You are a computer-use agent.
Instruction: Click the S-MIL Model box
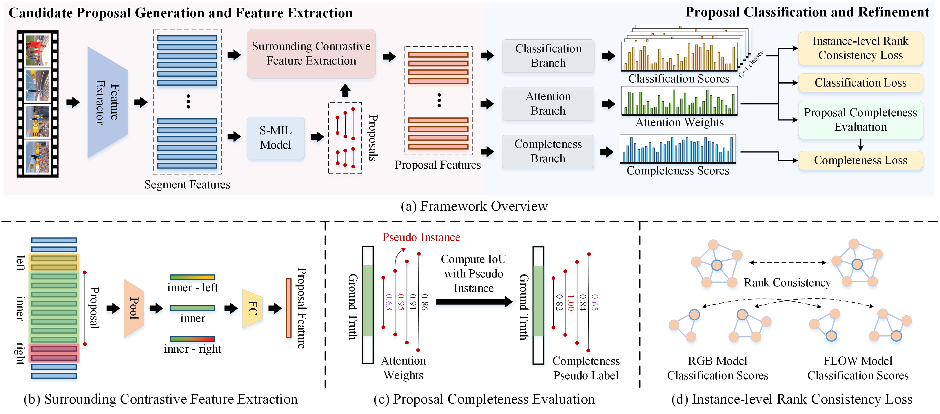tap(276, 138)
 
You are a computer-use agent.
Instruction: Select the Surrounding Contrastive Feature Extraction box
tap(311, 54)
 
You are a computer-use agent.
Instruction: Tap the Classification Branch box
tap(548, 56)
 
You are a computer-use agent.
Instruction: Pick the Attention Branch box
tap(548, 104)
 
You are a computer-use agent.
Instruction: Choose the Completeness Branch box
tap(548, 151)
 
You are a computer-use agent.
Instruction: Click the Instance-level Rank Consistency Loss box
tap(860, 48)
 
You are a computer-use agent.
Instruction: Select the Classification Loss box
tap(860, 83)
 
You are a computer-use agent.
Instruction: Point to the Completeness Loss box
tap(860, 160)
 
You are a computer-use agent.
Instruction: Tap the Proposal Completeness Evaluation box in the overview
tap(860, 120)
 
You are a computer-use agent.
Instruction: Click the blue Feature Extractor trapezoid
tap(107, 102)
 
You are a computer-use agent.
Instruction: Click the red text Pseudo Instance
tap(421, 237)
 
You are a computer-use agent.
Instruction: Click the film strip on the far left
tap(37, 104)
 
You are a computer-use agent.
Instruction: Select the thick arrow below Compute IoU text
tap(474, 302)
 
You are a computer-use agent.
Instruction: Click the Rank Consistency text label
tap(787, 283)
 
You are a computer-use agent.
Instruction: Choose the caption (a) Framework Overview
tap(474, 206)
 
